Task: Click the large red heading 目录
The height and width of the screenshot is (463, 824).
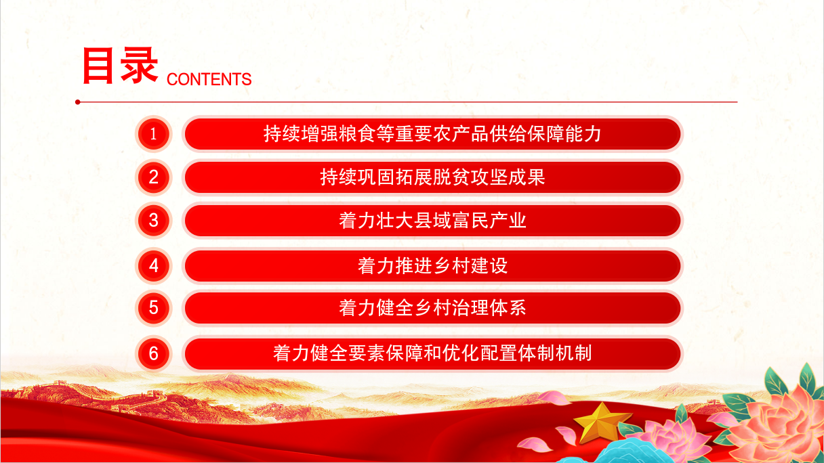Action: click(x=121, y=66)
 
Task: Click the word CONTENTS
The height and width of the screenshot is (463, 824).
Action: click(x=209, y=79)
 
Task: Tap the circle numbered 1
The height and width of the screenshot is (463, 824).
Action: click(x=153, y=134)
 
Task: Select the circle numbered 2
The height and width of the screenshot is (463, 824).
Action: click(x=153, y=177)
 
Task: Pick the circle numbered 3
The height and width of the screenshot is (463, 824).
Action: click(x=153, y=221)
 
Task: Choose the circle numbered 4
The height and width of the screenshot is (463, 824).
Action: click(x=153, y=265)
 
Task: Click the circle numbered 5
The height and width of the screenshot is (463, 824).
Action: click(x=153, y=308)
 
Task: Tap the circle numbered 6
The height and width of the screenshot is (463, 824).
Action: click(x=153, y=353)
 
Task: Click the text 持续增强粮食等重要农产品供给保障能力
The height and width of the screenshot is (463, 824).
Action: click(x=432, y=134)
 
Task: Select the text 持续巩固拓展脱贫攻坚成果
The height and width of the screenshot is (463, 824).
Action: click(x=432, y=177)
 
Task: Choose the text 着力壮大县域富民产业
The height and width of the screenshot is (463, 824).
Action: click(x=432, y=221)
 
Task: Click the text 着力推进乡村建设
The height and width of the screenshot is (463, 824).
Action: click(x=432, y=265)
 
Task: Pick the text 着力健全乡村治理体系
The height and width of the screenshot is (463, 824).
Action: click(x=432, y=308)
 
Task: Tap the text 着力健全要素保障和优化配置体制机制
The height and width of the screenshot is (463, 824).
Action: click(x=432, y=353)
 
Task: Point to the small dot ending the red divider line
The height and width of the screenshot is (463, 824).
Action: click(x=78, y=102)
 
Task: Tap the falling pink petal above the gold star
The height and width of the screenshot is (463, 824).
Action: click(x=555, y=398)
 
